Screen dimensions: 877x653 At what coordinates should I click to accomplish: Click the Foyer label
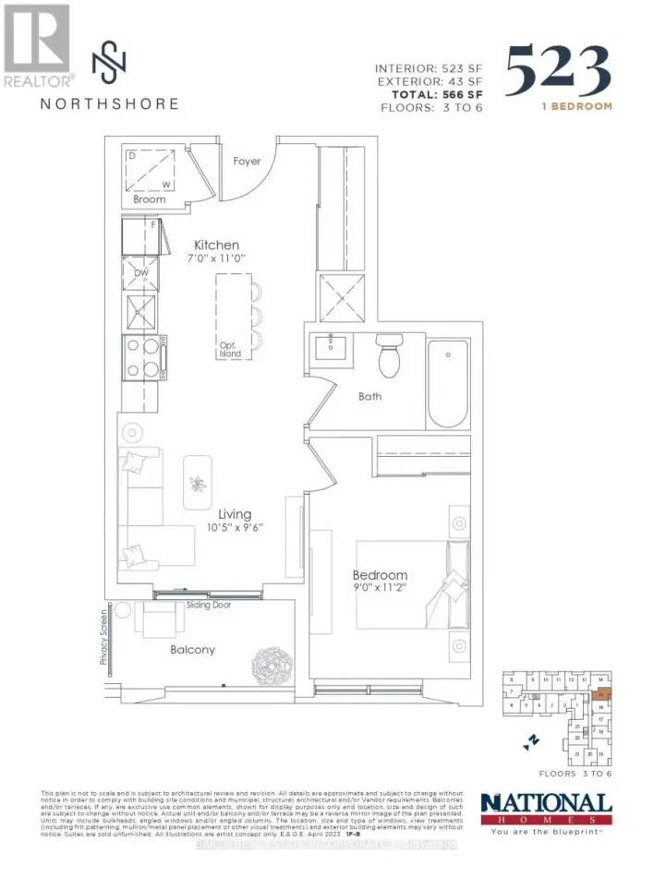click(248, 162)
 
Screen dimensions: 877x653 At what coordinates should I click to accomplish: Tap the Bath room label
click(370, 398)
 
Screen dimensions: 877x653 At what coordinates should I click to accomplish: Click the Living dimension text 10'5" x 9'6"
click(236, 529)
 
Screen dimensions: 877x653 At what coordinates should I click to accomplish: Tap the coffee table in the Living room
click(196, 481)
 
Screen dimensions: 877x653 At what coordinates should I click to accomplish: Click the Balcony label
click(192, 650)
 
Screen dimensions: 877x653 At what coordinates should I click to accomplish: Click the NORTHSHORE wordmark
click(109, 103)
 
